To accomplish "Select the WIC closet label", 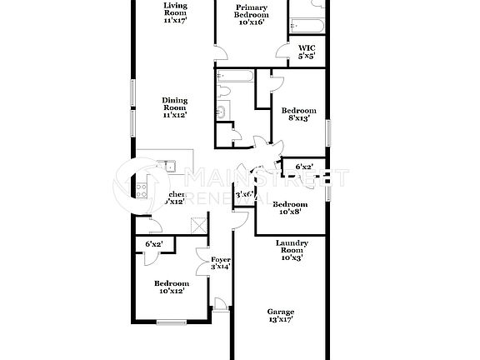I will tap(307, 53).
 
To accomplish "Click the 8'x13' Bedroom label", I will tap(298, 114).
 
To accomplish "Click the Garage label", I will tap(280, 317).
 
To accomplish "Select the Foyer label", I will tap(220, 263).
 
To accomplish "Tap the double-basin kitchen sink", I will tap(169, 166).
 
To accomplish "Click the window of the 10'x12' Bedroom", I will tap(172, 322).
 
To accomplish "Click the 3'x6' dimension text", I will tap(243, 194).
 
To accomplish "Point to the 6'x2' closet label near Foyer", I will tap(153, 244).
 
